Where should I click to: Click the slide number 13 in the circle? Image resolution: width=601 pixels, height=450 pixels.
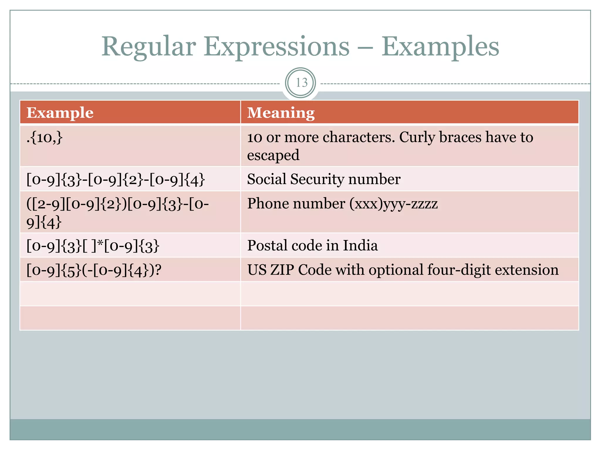(x=301, y=83)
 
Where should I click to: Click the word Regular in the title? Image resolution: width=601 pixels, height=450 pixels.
(x=148, y=47)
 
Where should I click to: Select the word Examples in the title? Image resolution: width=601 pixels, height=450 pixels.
(x=440, y=47)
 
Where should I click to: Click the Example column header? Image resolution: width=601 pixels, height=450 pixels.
(x=60, y=113)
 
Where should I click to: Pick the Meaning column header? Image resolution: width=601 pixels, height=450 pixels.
(x=281, y=113)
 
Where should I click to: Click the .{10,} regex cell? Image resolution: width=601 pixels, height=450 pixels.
(x=45, y=137)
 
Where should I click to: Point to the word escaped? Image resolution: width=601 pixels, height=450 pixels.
(x=273, y=155)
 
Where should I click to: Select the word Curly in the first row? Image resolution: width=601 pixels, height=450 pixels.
(x=417, y=137)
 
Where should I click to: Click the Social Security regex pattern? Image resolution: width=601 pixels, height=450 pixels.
(x=116, y=180)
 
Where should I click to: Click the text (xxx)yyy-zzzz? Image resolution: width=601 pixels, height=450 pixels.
(x=393, y=204)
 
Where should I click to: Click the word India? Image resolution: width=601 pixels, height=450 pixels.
(x=360, y=246)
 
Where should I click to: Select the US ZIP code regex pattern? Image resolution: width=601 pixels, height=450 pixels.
(x=94, y=270)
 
